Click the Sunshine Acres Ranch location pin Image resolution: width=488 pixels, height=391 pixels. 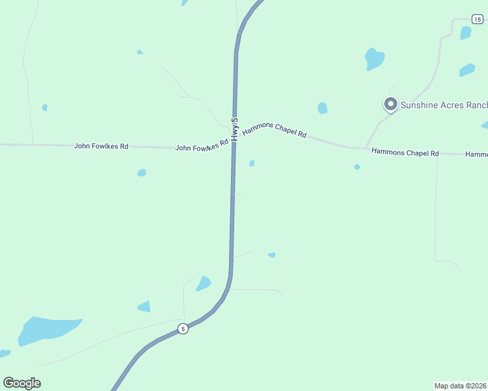point(390,104)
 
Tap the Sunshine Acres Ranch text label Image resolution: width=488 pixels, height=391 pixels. point(444,104)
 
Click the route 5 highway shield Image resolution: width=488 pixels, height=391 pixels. point(183,328)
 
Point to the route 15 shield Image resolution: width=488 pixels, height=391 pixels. point(478,20)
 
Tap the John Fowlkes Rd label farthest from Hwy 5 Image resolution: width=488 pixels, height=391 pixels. point(101,146)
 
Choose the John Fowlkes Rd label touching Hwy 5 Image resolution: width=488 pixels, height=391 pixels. point(202,147)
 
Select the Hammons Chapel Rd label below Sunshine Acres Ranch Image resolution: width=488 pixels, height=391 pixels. point(404,152)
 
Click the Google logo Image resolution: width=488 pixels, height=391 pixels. point(22,383)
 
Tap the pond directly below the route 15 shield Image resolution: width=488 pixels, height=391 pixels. point(465,33)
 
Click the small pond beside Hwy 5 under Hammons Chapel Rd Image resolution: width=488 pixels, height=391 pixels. point(252,164)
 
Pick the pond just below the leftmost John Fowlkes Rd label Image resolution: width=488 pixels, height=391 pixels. point(142,173)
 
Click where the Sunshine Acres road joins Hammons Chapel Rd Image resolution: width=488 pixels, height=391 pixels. point(365,147)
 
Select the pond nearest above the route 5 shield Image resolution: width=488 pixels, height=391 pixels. point(204,283)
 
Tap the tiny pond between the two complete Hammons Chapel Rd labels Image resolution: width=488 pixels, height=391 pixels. point(357,167)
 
